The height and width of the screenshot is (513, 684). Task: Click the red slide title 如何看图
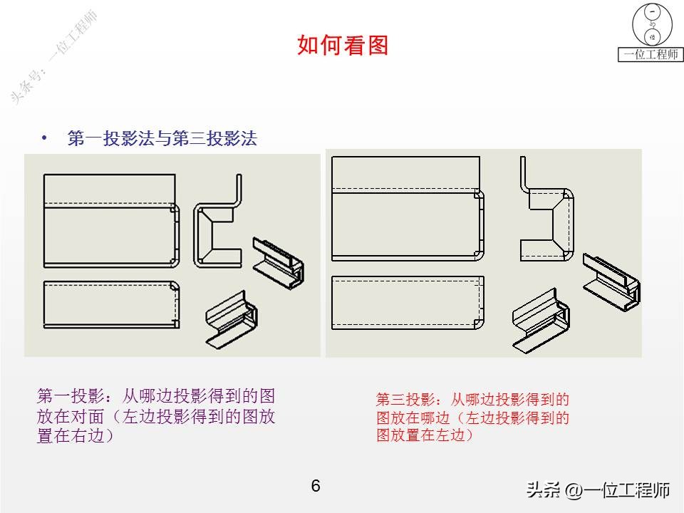(x=343, y=46)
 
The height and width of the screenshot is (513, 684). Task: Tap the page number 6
(x=316, y=486)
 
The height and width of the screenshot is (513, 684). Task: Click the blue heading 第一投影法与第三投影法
(x=162, y=139)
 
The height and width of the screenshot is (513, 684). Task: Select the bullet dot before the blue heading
(x=45, y=138)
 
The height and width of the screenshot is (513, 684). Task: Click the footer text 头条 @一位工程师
(x=598, y=490)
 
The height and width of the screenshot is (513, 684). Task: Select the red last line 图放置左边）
(x=425, y=435)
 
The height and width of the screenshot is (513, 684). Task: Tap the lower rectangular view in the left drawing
(x=111, y=304)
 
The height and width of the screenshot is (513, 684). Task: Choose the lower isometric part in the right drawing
(x=542, y=321)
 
